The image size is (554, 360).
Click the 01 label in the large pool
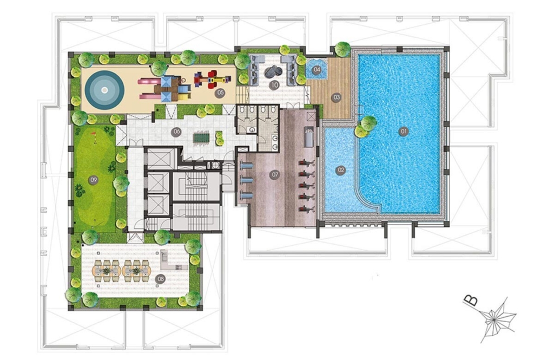click(403, 132)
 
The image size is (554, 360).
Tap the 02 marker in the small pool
click(341, 170)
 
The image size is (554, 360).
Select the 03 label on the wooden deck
click(336, 97)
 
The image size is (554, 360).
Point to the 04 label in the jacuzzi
click(317, 69)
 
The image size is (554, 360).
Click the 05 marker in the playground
click(221, 93)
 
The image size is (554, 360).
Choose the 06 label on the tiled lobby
click(176, 132)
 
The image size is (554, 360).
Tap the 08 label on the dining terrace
click(160, 279)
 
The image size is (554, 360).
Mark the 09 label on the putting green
click(93, 180)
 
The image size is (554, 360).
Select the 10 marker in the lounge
click(274, 85)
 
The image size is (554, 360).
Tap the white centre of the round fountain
click(104, 90)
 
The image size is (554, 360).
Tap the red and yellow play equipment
click(208, 80)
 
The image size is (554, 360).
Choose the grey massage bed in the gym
click(309, 136)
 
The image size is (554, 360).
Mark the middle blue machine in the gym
click(246, 180)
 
